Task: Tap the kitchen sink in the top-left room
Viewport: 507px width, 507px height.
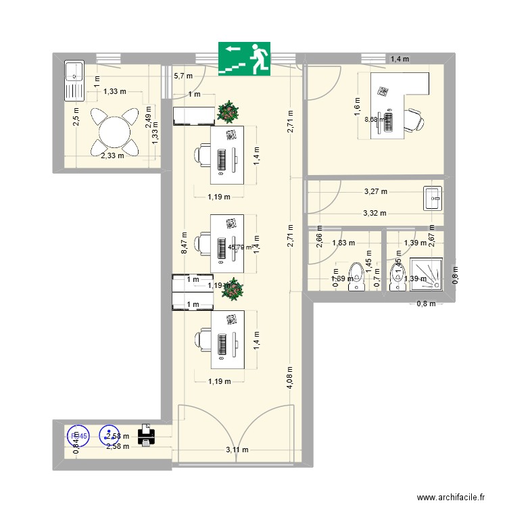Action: (x=72, y=80)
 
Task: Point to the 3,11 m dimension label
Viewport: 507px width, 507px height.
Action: (x=237, y=450)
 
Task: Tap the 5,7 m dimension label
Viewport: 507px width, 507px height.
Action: (x=183, y=76)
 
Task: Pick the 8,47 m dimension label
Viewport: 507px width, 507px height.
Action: (x=184, y=243)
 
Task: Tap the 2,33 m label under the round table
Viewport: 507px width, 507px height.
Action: (x=112, y=155)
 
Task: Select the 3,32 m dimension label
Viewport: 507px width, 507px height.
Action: (x=375, y=213)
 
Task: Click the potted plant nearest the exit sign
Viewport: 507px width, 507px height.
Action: (x=229, y=112)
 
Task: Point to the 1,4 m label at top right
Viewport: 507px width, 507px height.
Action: (x=400, y=59)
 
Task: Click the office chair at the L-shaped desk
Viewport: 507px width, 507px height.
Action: (x=415, y=122)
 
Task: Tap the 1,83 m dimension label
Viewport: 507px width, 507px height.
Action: (x=343, y=243)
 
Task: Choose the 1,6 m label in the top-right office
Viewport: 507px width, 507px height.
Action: (x=358, y=103)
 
